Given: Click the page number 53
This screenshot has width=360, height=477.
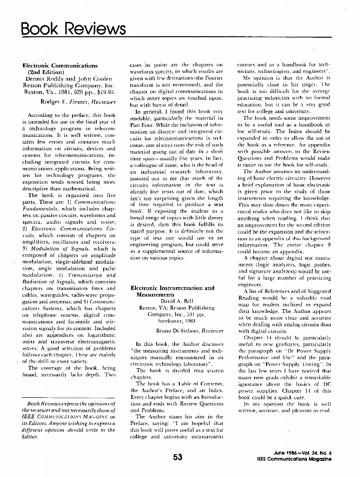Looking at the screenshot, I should tap(178, 457).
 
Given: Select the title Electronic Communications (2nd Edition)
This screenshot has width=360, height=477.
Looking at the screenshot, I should tap(60, 69).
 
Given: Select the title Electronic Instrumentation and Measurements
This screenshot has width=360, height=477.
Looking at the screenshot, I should tap(172, 291).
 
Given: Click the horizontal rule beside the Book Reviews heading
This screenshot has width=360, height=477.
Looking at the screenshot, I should tap(229, 37).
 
